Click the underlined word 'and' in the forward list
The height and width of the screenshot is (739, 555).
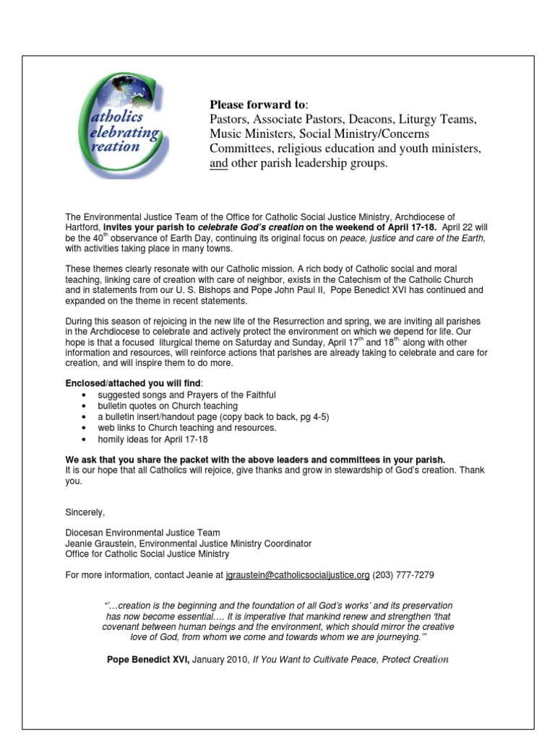[x=218, y=164]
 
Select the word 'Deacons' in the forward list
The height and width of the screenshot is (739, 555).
[x=380, y=119]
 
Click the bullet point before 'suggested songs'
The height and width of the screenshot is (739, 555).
[x=87, y=395]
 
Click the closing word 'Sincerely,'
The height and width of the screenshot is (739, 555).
[x=85, y=512]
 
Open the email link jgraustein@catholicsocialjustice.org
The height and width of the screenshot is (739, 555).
[x=298, y=575]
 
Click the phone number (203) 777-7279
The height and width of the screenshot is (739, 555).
[x=403, y=575]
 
